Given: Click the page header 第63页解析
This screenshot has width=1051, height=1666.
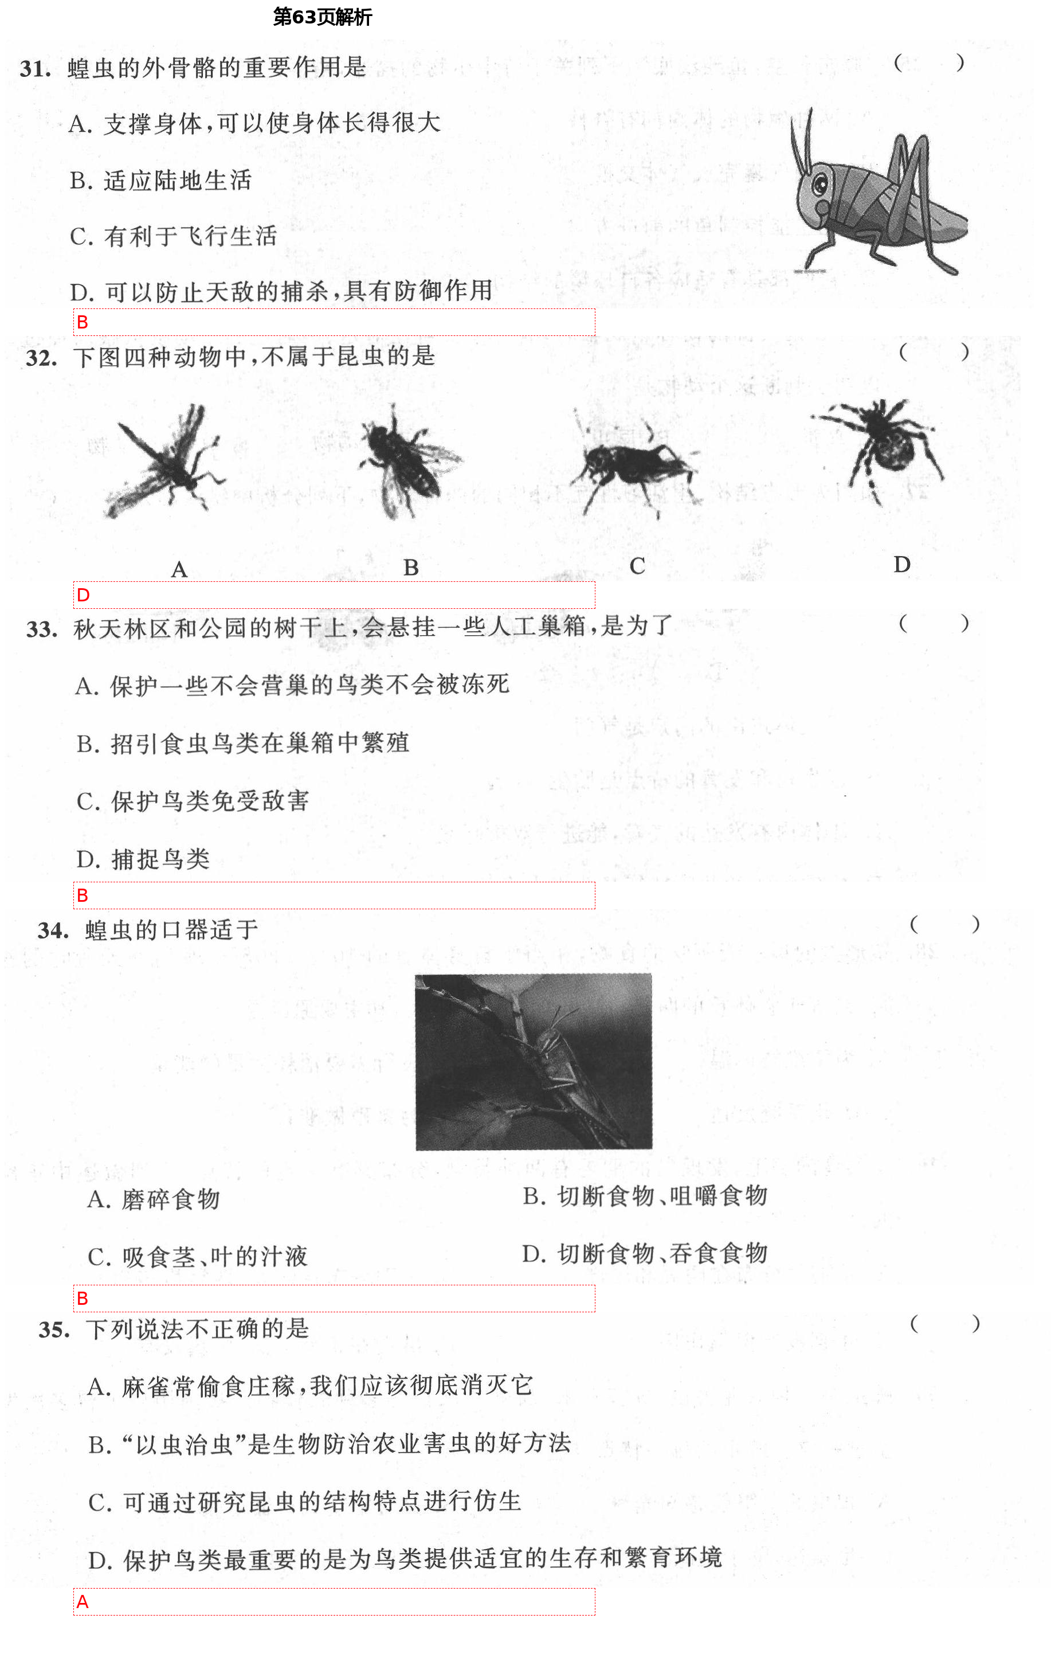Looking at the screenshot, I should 322,17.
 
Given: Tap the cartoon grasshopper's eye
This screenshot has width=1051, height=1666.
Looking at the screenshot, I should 821,185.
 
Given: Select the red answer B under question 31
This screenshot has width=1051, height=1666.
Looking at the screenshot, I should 83,322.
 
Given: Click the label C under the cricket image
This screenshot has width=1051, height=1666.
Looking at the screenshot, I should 637,566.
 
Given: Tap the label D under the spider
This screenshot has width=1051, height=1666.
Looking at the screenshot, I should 901,565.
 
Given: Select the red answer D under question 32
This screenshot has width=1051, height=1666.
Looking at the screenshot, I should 84,595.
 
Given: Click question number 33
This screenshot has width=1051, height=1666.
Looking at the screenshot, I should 41,629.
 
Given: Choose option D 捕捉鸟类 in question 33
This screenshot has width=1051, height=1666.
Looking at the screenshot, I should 143,859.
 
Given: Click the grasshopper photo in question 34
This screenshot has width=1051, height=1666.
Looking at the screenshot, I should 533,1062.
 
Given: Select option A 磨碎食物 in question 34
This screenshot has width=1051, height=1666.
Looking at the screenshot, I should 154,1199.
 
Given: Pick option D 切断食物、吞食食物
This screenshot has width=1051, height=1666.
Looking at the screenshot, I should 645,1254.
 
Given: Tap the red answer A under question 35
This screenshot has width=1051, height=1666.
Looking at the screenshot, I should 83,1602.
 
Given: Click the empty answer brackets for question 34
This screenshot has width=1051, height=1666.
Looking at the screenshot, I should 944,924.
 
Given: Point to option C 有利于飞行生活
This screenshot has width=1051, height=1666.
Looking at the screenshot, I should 174,237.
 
